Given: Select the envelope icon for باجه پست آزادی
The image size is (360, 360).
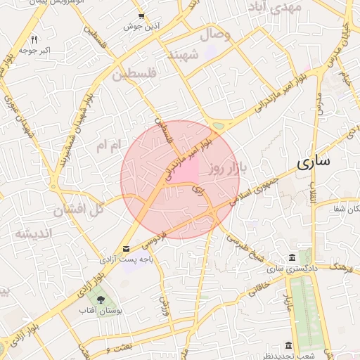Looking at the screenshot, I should coord(126,249).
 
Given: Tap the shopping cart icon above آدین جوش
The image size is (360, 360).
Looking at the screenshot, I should coord(142,15).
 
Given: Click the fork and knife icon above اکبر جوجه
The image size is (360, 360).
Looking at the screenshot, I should coord(34,39).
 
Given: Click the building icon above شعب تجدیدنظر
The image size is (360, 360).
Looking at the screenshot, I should coord(288,345).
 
